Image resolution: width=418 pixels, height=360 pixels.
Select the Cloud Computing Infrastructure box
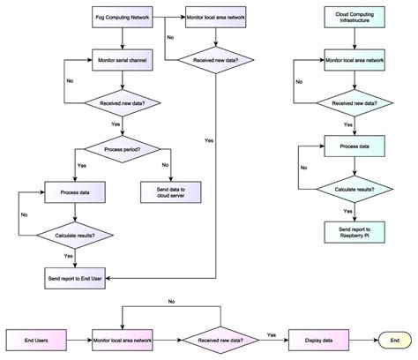[x=354, y=18]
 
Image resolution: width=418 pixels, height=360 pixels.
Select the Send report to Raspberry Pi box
[x=354, y=232]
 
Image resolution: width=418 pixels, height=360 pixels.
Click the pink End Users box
[x=32, y=338]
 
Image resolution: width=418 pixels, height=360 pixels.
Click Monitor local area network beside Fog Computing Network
[x=216, y=18]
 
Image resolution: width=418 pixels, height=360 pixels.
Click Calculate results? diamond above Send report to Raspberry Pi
[x=354, y=189]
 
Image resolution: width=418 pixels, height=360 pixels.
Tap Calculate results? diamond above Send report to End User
[x=74, y=235]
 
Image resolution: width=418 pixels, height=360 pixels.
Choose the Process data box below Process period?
[x=74, y=191]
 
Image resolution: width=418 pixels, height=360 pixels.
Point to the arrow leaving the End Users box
[x=74, y=338]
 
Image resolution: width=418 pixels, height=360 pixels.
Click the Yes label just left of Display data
[x=271, y=334]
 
